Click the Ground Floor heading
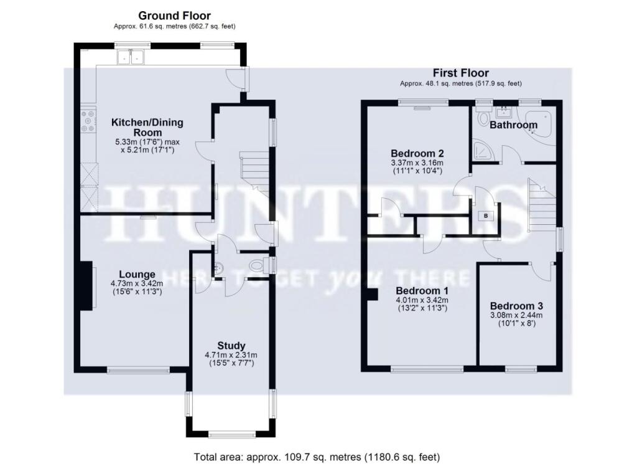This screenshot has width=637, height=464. click(174, 16)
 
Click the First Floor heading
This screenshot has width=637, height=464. click(461, 73)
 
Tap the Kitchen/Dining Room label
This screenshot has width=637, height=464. click(147, 127)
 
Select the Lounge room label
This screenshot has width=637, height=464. click(137, 274)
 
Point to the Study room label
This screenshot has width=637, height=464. click(231, 346)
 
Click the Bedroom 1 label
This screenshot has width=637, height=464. click(422, 291)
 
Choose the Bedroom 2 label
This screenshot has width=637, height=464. click(416, 153)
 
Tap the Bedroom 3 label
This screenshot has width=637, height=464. click(516, 306)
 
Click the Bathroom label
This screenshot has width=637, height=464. click(513, 125)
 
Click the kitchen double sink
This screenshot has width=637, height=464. click(130, 57)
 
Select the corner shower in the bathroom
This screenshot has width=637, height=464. click(482, 149)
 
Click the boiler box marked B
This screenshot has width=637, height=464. click(486, 215)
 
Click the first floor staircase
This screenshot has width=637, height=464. click(541, 202)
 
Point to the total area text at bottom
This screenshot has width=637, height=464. click(317, 457)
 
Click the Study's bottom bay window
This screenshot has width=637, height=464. click(231, 435)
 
